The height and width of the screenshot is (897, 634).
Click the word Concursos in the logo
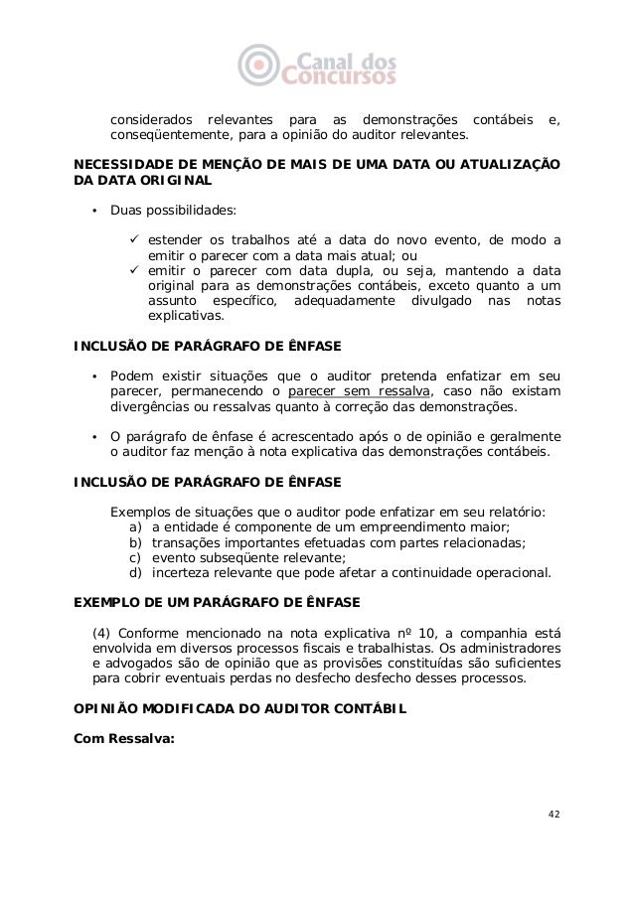coord(340,74)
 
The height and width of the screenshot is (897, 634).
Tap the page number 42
coord(554,815)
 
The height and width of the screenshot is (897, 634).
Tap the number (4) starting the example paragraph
coord(101,633)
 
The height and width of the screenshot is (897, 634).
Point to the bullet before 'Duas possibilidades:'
coord(94,211)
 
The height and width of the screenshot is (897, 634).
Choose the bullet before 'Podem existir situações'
coord(94,374)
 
